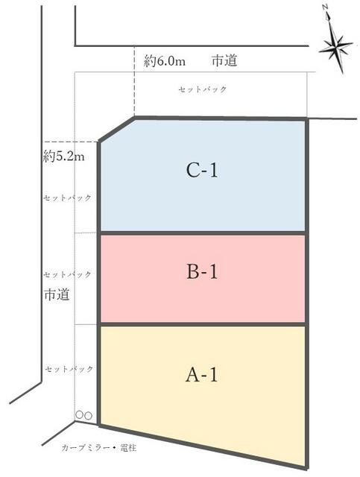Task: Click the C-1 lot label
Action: pos(202,170)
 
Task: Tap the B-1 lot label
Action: pos(202,271)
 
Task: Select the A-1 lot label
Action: pos(202,374)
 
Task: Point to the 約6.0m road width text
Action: pos(165,61)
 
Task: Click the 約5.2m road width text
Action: pos(63,157)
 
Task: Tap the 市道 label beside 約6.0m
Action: pos(224,60)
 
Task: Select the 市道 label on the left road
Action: pos(57,294)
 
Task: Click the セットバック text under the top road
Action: pos(203,89)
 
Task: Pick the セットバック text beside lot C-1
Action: pos(67,198)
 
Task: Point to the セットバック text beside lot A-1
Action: pos(69,369)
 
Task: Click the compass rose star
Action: pos(336,47)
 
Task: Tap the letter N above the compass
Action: pos(325,8)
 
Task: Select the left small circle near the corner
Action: pos(80,414)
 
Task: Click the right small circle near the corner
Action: pos(88,415)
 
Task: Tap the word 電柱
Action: pos(128,448)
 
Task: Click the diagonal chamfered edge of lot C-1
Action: pos(117,129)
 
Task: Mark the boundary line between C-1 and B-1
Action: pos(203,233)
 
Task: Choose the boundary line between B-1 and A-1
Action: pos(203,324)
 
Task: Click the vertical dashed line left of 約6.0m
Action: pos(134,80)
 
